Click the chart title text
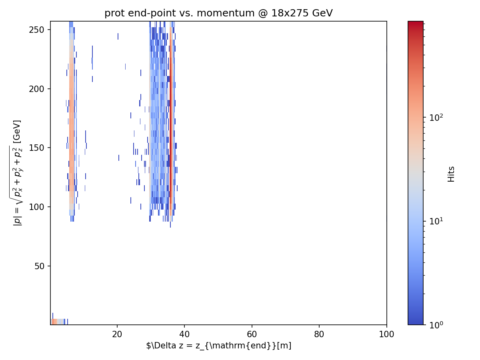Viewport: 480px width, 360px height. click(x=218, y=13)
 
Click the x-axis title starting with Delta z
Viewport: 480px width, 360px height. click(x=218, y=346)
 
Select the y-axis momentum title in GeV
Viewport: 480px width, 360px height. click(x=18, y=173)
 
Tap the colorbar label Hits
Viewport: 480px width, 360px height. click(x=451, y=174)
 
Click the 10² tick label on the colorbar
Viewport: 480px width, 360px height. click(x=435, y=117)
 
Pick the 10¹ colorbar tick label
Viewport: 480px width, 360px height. click(x=435, y=221)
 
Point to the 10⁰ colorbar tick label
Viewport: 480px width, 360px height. click(x=435, y=324)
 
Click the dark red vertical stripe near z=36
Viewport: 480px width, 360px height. click(x=170, y=120)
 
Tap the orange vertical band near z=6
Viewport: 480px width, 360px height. click(x=72, y=120)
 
